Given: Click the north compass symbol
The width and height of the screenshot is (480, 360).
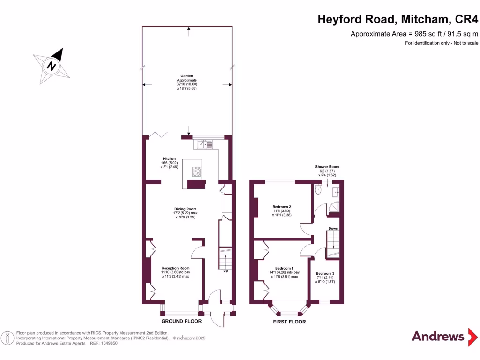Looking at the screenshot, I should (52, 66).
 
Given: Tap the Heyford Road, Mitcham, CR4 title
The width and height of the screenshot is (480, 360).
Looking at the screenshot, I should (398, 19).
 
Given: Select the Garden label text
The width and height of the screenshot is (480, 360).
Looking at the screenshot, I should (187, 76).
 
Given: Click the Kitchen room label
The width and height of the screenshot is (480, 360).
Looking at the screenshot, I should (169, 158).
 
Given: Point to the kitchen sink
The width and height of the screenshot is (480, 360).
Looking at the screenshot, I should (202, 144).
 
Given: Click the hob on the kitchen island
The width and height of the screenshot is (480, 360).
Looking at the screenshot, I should (197, 172).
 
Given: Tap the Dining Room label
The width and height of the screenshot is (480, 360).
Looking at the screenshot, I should (185, 209).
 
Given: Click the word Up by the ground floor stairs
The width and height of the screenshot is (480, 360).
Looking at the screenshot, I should (225, 271).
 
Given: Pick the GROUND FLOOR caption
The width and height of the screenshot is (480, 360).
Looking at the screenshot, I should (181, 322).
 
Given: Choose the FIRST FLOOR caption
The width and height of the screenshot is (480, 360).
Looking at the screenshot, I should (289, 322).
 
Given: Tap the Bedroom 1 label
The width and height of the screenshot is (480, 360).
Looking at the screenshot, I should (284, 268).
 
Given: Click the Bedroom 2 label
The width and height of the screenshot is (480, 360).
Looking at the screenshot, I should (282, 207).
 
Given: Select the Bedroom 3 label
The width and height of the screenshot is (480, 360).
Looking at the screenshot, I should (325, 273).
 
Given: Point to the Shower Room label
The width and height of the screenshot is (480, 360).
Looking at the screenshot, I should (327, 167).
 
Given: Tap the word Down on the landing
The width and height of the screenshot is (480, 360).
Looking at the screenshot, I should (333, 229).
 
